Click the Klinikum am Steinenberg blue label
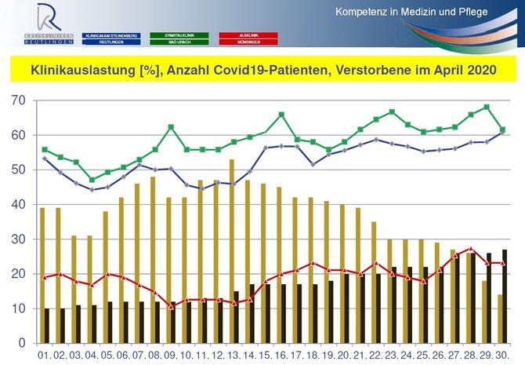113,35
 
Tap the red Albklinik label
248,35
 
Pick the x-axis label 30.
502,356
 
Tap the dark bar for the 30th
504,296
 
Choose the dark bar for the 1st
47,326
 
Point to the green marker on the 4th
92,180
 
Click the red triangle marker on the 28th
470,250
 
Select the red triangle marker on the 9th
171,305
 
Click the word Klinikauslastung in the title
83,71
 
